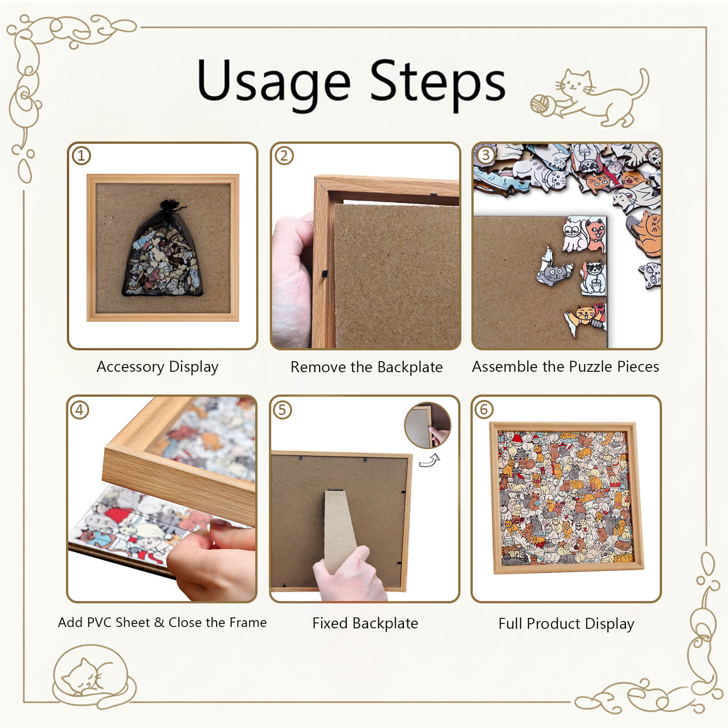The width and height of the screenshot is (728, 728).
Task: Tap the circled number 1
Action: point(81,156)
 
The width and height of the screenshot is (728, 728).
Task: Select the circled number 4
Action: point(79,410)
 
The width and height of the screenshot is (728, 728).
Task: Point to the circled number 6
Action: point(484,409)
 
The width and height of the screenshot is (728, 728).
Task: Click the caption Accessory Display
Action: point(157,367)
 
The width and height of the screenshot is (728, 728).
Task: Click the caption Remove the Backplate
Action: point(366,367)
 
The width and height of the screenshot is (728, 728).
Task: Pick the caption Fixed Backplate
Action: point(365,623)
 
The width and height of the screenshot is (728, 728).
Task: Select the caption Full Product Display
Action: point(566,623)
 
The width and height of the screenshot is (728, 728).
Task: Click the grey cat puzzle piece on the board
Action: point(553,271)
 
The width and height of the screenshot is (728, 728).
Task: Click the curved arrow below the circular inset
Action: point(430,460)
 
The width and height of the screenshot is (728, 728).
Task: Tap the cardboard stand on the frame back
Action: point(339,528)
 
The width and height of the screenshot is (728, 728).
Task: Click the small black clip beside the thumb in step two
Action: point(324,274)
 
